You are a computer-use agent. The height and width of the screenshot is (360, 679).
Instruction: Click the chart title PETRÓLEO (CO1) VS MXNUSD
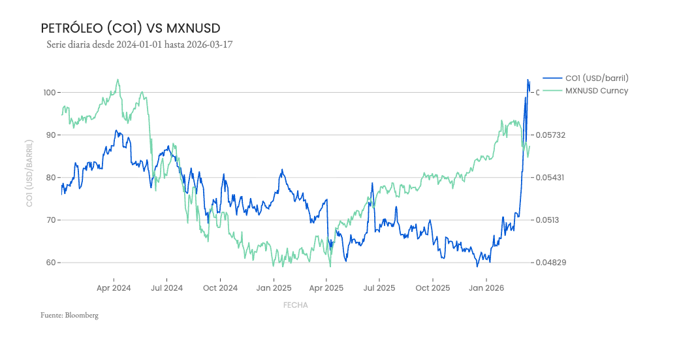[131, 28]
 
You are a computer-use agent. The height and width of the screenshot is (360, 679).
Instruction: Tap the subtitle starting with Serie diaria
[140, 45]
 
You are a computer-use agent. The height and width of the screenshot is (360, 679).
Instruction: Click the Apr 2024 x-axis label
[114, 288]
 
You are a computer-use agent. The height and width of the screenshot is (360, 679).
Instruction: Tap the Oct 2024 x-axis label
[220, 288]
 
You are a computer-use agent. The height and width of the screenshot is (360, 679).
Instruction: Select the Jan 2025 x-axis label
[274, 288]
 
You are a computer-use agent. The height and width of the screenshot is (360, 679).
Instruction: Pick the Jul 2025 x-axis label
[379, 288]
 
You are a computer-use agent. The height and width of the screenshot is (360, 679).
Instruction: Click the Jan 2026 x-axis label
[486, 288]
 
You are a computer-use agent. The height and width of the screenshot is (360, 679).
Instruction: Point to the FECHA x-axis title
[295, 305]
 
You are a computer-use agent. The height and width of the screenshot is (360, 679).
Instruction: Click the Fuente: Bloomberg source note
[69, 316]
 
